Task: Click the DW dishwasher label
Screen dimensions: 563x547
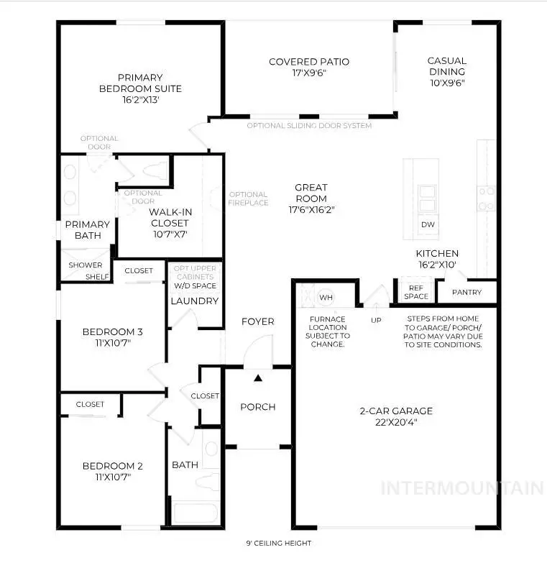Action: [427, 224]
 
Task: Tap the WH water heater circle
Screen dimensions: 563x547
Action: [326, 297]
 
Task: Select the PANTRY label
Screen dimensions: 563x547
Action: [466, 293]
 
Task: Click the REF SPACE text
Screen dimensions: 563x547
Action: [415, 292]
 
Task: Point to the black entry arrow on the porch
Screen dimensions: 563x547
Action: [257, 377]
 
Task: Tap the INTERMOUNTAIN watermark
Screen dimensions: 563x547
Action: [461, 488]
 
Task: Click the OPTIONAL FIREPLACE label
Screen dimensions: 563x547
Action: [249, 198]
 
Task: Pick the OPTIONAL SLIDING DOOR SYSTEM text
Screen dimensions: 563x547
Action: [309, 126]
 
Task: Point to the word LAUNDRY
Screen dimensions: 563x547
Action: [194, 301]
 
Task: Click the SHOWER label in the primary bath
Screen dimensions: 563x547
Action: [86, 265]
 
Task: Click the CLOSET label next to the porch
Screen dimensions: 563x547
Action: [205, 395]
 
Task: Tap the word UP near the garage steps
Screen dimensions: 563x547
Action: [376, 320]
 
